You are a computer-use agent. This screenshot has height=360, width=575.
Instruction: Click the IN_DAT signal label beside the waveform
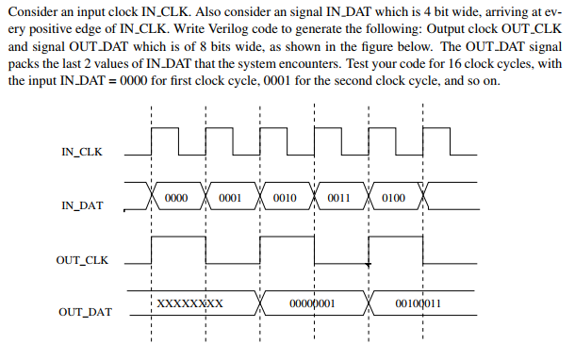click(x=81, y=205)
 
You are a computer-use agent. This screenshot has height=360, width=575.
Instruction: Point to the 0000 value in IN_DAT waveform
click(x=176, y=199)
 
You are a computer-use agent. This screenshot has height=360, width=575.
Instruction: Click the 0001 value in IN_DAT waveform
click(x=230, y=199)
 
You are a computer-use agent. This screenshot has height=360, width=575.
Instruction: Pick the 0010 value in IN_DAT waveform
click(x=285, y=199)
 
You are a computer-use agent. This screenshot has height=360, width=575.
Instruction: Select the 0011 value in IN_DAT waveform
click(x=339, y=199)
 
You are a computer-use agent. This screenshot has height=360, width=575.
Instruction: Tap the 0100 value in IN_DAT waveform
click(x=394, y=199)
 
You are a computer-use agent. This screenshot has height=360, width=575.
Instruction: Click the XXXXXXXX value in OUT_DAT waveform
click(x=189, y=304)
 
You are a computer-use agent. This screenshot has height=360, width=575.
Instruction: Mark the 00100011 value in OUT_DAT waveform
click(x=419, y=304)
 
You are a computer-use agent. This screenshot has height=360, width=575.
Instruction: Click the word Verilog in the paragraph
click(x=216, y=43)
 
